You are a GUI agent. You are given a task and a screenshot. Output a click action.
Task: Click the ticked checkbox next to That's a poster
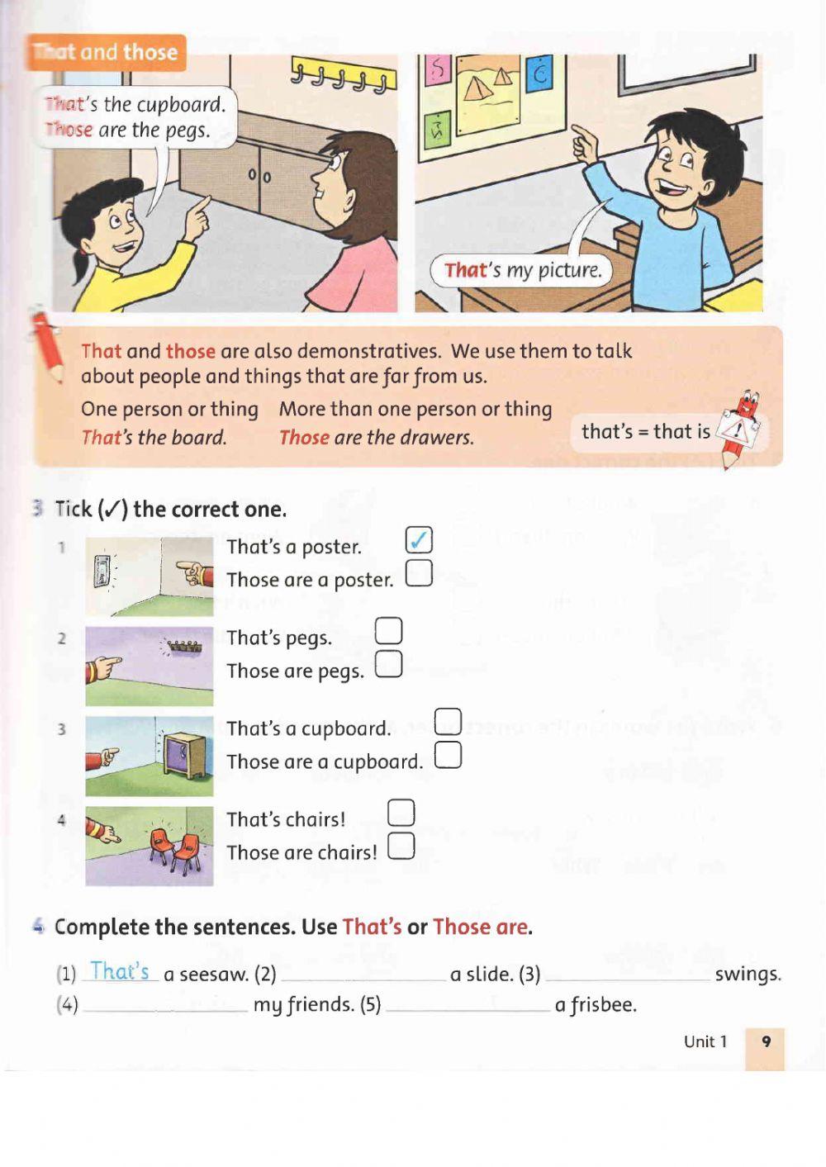419,540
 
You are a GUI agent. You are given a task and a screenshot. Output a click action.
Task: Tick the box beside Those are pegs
388,664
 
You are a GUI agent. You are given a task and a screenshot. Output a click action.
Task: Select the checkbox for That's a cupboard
448,721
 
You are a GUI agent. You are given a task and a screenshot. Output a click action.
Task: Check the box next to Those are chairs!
401,846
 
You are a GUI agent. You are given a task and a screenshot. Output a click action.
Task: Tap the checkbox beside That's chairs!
401,812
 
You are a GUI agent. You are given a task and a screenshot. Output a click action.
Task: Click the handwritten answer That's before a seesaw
120,971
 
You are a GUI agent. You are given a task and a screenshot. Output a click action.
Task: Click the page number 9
766,1041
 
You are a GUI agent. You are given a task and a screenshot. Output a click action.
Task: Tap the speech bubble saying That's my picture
522,270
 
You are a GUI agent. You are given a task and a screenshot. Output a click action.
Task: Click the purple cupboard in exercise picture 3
184,754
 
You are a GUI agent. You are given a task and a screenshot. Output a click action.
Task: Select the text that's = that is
645,431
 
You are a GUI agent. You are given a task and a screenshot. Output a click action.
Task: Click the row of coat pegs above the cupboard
342,77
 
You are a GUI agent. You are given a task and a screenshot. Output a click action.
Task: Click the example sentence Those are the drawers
377,438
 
